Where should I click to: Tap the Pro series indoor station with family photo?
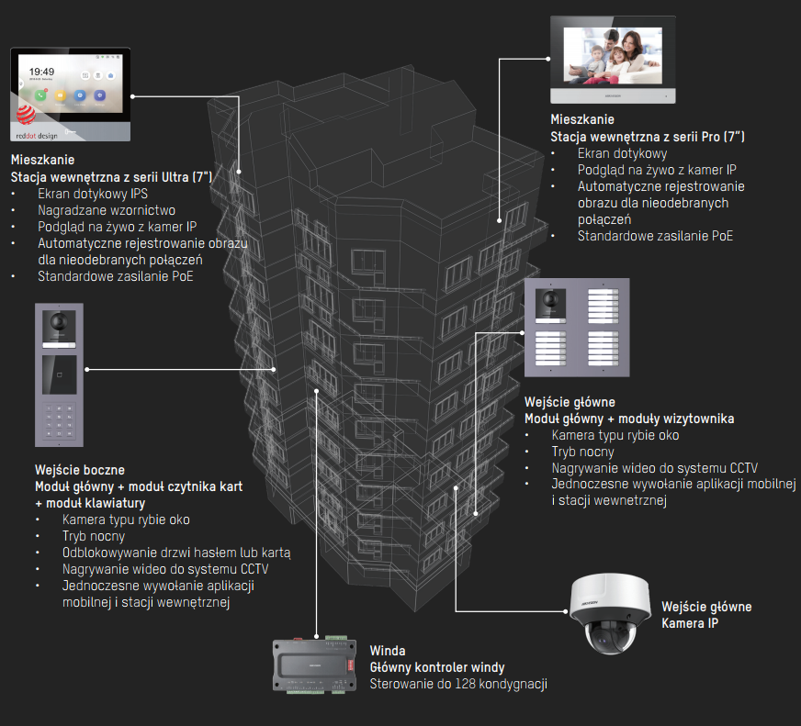tap(612, 58)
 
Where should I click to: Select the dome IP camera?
tap(610, 616)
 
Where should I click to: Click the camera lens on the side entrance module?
tap(58, 322)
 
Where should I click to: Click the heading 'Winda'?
tap(388, 651)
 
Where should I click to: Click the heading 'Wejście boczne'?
tap(80, 469)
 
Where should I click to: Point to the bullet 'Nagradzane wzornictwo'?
tap(107, 210)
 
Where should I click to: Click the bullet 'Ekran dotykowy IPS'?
tap(93, 194)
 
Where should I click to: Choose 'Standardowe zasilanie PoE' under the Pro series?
tap(655, 236)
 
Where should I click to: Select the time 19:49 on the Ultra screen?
tap(41, 70)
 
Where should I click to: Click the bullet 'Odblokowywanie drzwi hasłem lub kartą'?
tap(176, 553)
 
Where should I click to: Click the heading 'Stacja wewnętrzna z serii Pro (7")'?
tap(648, 137)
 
